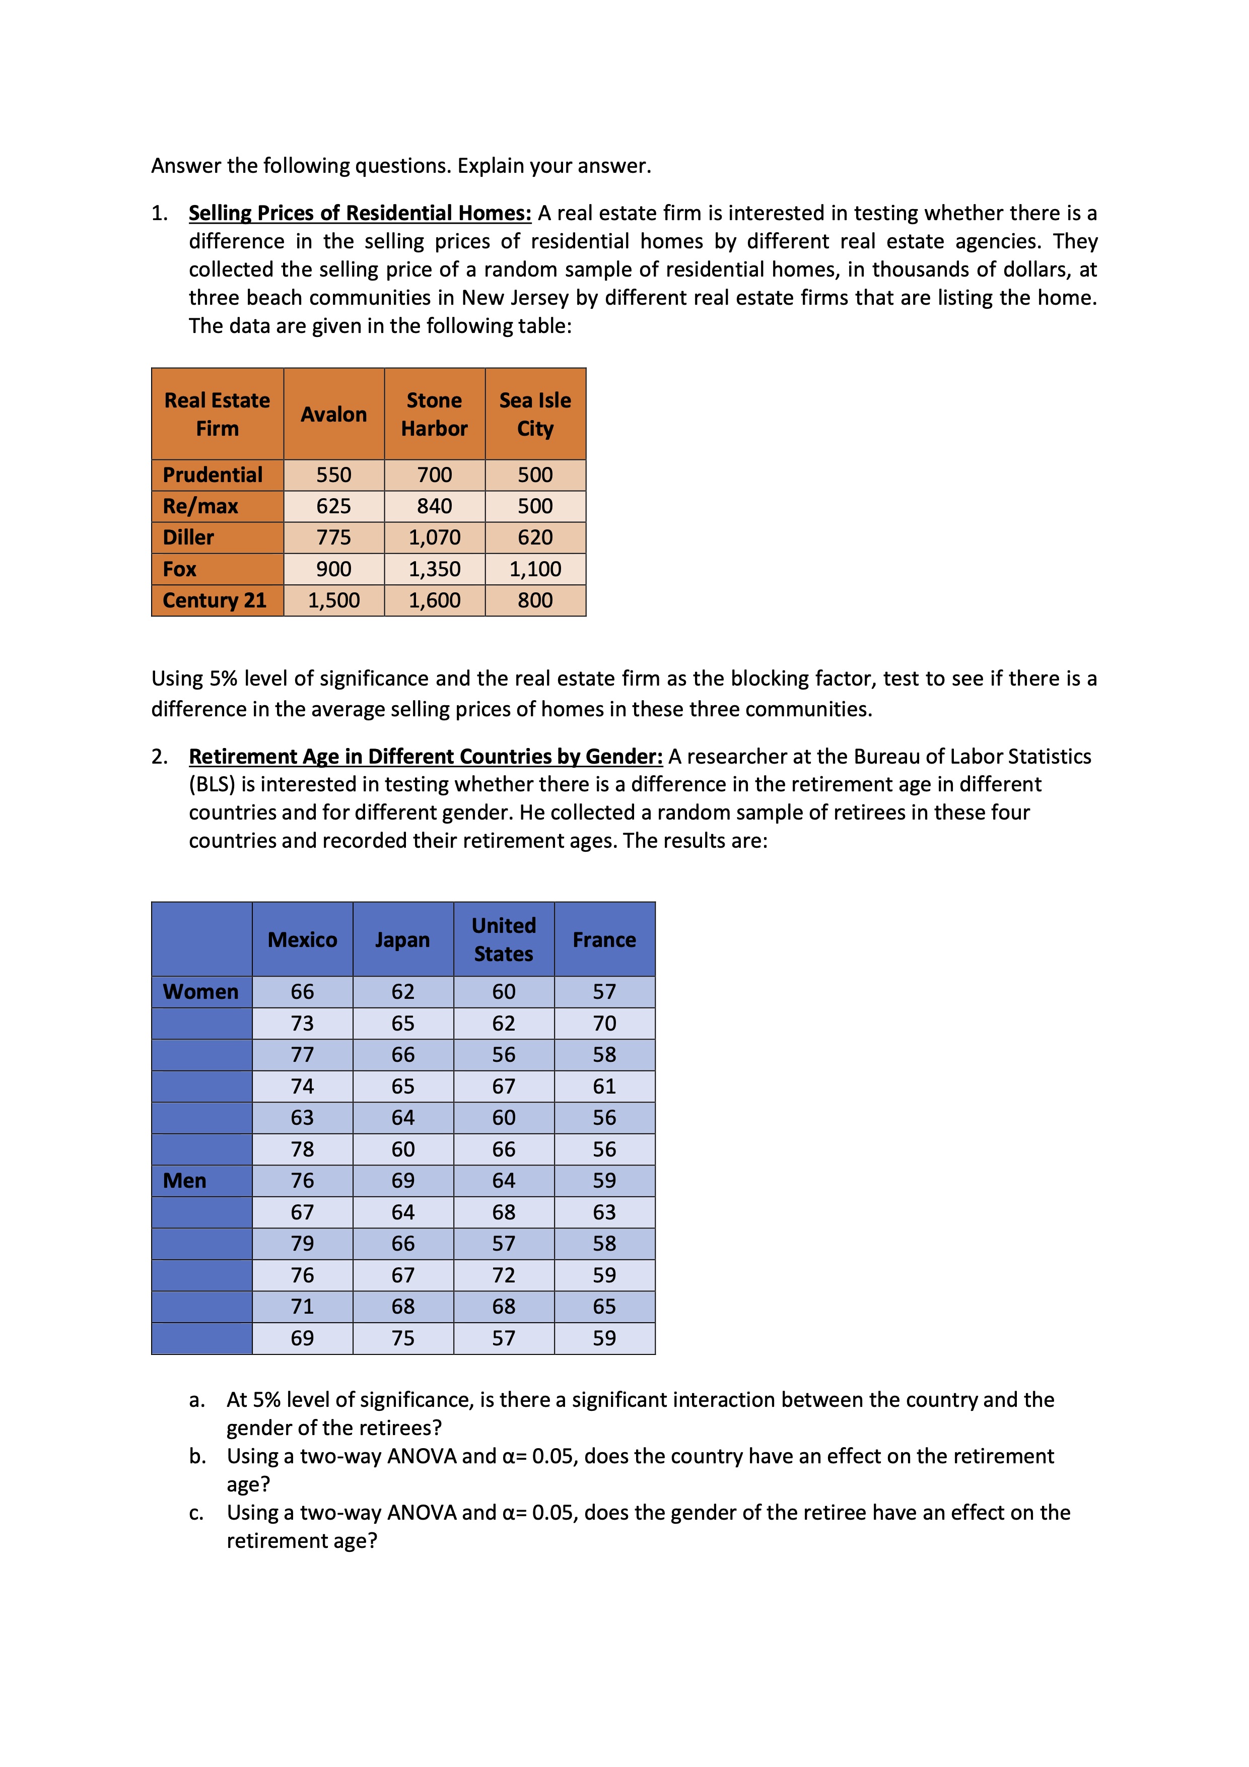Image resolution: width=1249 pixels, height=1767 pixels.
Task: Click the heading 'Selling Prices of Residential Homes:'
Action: coord(360,213)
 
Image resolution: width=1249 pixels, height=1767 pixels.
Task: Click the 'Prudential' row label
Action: coord(213,475)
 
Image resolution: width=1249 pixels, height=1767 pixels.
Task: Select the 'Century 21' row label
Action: coord(214,600)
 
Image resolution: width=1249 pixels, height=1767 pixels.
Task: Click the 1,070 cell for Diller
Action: coord(434,537)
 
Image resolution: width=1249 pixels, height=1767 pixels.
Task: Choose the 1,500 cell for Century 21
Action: coord(333,600)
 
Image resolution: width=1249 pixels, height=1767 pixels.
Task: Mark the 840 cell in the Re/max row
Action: coord(434,506)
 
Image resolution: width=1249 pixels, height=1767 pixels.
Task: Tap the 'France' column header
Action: coord(604,940)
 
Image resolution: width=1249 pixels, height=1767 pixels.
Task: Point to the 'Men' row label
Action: coord(185,1181)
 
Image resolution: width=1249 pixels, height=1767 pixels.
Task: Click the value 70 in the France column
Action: coord(604,1024)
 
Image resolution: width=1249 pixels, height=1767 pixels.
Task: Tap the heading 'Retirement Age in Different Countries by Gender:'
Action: coord(426,757)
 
